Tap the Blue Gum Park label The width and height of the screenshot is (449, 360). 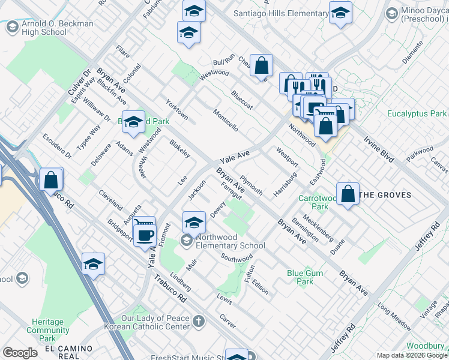click(305, 277)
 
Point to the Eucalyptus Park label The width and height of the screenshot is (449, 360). click(417, 113)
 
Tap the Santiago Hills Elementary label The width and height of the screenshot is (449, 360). click(291, 14)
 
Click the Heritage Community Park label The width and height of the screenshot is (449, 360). click(48, 326)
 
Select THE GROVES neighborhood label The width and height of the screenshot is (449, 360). click(385, 195)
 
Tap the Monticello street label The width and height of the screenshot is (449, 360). click(226, 120)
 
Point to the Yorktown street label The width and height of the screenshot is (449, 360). click(177, 109)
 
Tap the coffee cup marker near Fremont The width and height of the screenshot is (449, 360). click(145, 235)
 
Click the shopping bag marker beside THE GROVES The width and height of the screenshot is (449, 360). click(348, 193)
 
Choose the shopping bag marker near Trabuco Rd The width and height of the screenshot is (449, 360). click(51, 178)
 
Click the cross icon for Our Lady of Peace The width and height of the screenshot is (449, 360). click(198, 322)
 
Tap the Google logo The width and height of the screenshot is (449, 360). click(20, 353)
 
